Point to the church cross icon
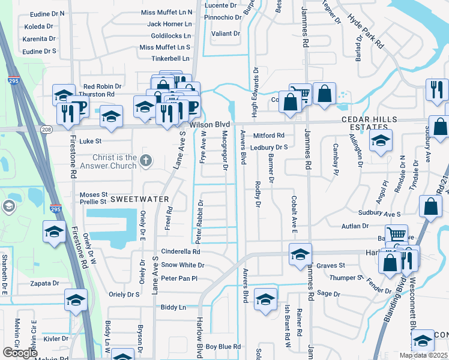[146, 160]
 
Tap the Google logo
[20, 353]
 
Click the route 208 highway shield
[46, 129]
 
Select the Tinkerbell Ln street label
[169, 58]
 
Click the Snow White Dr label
[182, 265]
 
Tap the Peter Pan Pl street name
[179, 278]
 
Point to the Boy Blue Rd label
[223, 347]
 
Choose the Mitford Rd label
[268, 136]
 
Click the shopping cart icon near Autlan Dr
[396, 235]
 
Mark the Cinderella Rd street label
[180, 252]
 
